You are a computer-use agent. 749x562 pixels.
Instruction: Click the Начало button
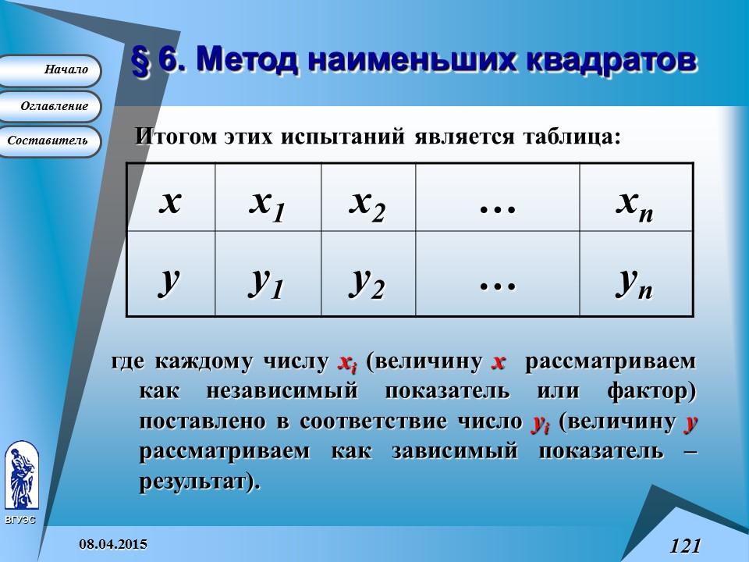point(51,70)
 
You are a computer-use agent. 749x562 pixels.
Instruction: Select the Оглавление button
point(51,106)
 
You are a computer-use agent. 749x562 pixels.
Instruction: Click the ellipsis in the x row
point(498,205)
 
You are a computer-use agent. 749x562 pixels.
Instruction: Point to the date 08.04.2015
point(113,543)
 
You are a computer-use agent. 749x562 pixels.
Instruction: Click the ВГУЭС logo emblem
point(20,475)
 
